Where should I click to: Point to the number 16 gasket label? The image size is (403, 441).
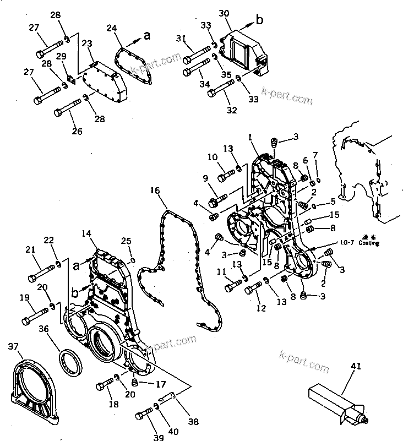[x=155, y=190]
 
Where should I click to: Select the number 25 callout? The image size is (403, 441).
[x=126, y=241]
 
